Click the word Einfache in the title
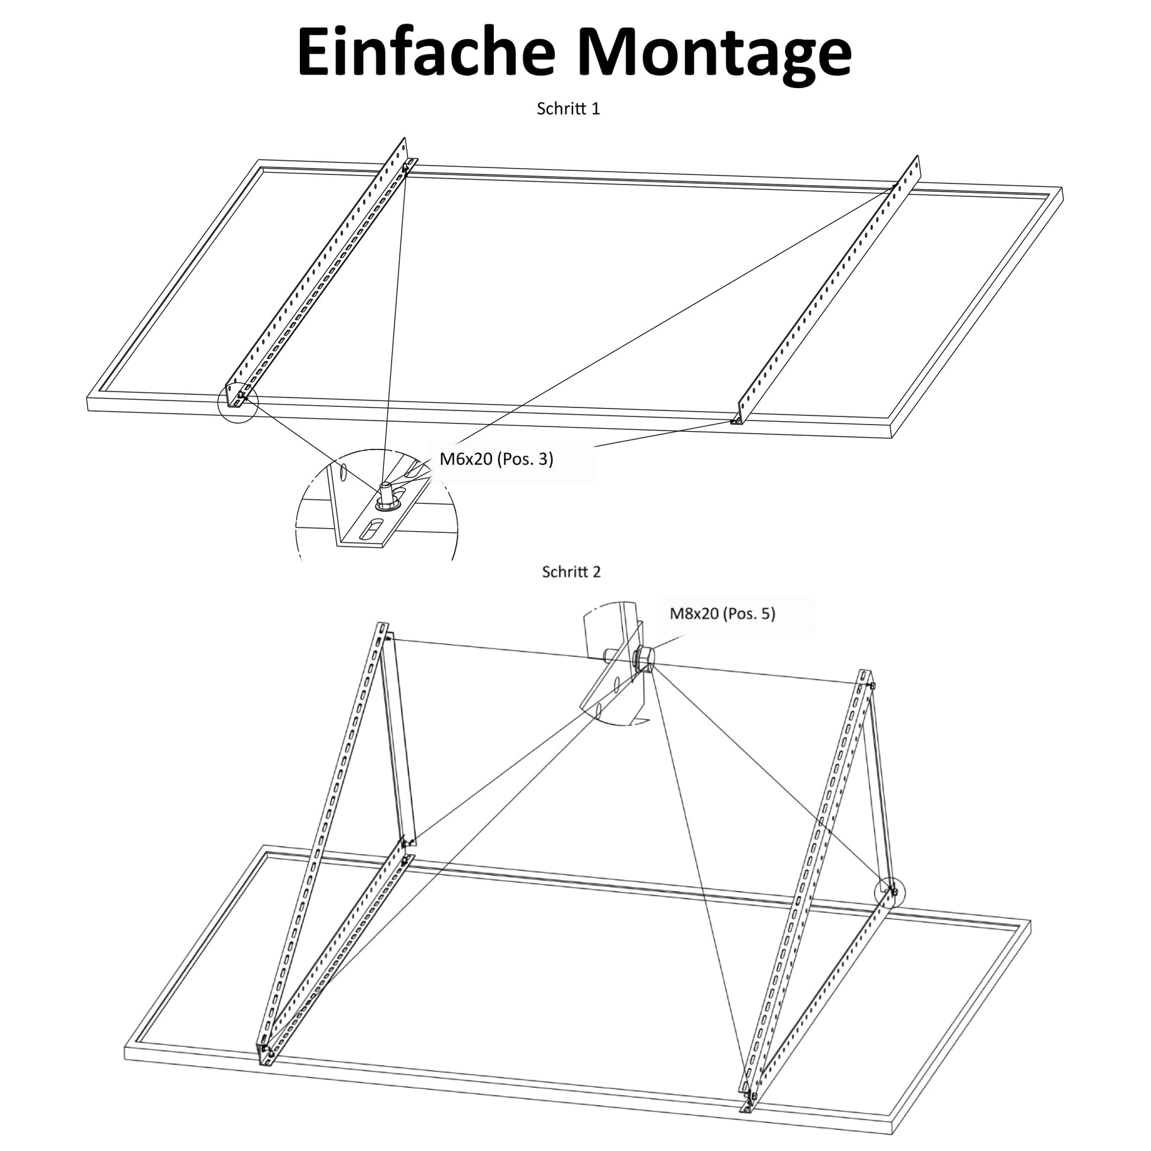coord(426,52)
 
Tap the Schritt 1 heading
coord(568,108)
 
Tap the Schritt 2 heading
coord(571,572)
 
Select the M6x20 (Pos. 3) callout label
coord(496,459)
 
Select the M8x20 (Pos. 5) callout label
coord(723,613)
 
